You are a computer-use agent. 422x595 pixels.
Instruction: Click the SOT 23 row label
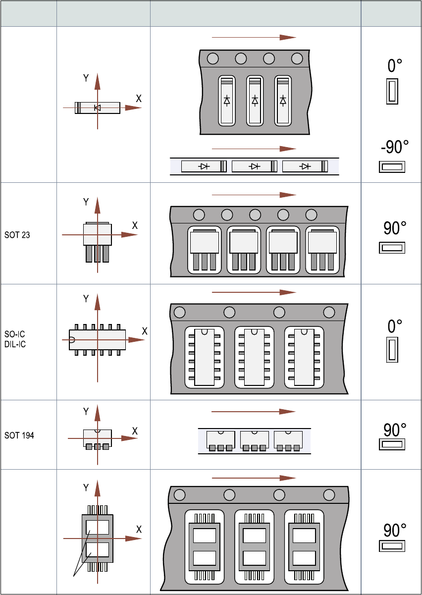17,235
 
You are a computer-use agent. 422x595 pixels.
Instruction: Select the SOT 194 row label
19,436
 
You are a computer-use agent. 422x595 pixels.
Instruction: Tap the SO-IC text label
15,335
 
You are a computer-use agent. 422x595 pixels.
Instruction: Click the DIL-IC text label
16,344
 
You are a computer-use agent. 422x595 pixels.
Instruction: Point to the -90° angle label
394,147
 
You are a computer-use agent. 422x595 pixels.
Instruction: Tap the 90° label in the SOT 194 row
395,429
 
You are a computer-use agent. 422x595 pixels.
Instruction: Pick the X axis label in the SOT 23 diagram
135,224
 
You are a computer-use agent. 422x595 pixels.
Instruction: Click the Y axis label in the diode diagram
86,78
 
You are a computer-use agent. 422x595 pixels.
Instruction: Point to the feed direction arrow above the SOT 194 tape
253,412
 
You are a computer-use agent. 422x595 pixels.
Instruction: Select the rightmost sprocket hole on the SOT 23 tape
311,215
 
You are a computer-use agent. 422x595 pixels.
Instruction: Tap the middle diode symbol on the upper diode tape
255,101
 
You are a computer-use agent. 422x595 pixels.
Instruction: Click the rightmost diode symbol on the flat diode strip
305,166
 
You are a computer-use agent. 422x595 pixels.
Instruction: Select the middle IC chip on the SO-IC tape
254,357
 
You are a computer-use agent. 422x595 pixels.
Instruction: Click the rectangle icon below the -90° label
392,167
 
